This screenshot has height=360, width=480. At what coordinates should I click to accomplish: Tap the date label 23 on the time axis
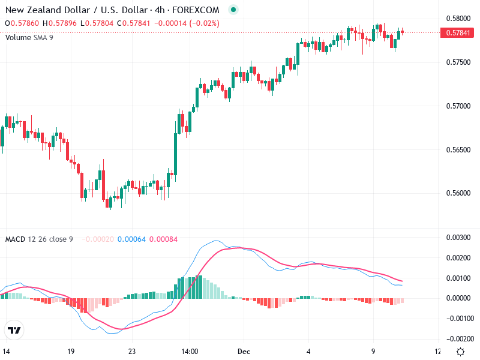coord(133,351)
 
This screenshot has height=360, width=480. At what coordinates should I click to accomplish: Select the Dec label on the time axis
coord(243,351)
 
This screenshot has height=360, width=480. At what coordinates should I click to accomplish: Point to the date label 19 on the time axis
coord(71,351)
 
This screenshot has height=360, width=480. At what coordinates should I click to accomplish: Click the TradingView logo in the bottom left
coord(14,330)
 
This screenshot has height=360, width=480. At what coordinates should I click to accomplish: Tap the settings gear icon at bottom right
coord(460,352)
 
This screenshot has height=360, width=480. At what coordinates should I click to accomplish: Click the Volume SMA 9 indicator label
coord(29,37)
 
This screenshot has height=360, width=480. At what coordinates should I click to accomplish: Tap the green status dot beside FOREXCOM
coord(233,10)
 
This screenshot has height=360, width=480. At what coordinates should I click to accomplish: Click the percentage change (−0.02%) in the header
coord(203,23)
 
